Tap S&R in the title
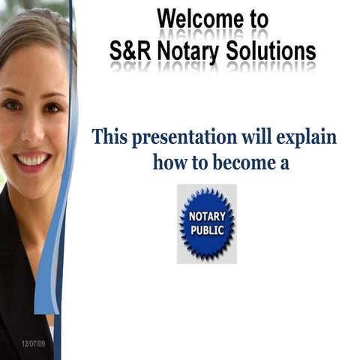[133, 49]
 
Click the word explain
[307, 139]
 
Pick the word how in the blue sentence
[170, 161]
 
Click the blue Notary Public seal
[206, 223]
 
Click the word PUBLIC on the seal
[206, 229]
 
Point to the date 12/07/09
[33, 343]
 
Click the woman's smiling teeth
[33, 159]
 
